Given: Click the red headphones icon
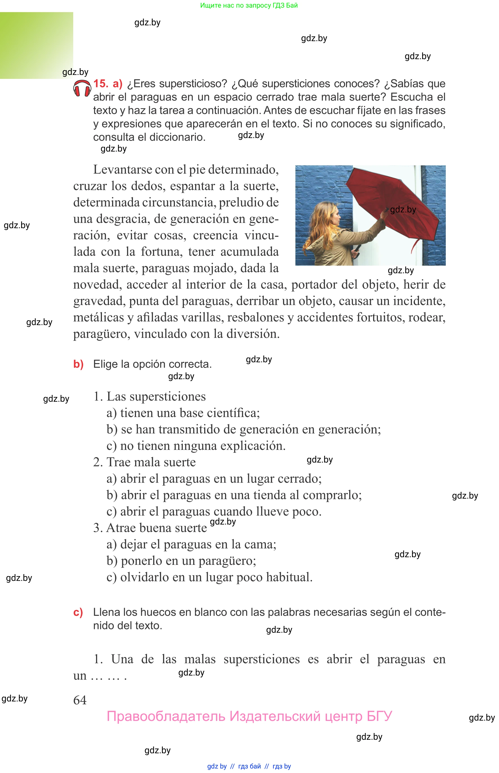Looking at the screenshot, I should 82,88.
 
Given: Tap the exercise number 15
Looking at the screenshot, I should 101,84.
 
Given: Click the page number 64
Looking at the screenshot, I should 80,700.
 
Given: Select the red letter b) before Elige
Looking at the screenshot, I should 78,364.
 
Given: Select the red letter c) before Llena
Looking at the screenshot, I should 78,612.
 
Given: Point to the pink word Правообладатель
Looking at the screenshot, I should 166,716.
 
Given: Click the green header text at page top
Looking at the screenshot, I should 249,5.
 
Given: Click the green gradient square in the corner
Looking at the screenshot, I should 36,45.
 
